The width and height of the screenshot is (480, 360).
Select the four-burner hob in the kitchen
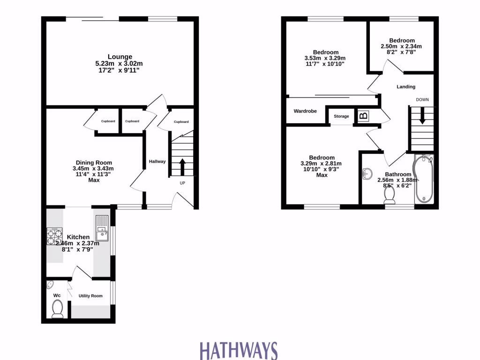(x=54, y=237)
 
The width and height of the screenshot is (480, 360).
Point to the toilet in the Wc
(x=57, y=309)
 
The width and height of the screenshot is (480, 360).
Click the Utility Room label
(x=90, y=296)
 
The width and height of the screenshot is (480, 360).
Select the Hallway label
(x=157, y=161)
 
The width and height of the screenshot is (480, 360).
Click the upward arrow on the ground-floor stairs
(x=182, y=166)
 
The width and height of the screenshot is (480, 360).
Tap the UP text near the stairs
(x=182, y=183)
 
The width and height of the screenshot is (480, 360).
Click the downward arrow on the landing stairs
(x=422, y=116)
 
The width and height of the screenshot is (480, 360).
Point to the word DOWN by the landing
(x=422, y=99)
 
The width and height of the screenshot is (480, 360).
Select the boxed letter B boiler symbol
(x=363, y=116)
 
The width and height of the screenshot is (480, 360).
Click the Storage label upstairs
(x=341, y=116)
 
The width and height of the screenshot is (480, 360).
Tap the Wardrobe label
(x=305, y=111)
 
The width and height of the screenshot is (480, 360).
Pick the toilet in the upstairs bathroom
(x=389, y=199)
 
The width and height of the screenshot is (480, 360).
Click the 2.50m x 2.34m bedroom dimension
(x=400, y=46)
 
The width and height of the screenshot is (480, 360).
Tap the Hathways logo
(x=239, y=351)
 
